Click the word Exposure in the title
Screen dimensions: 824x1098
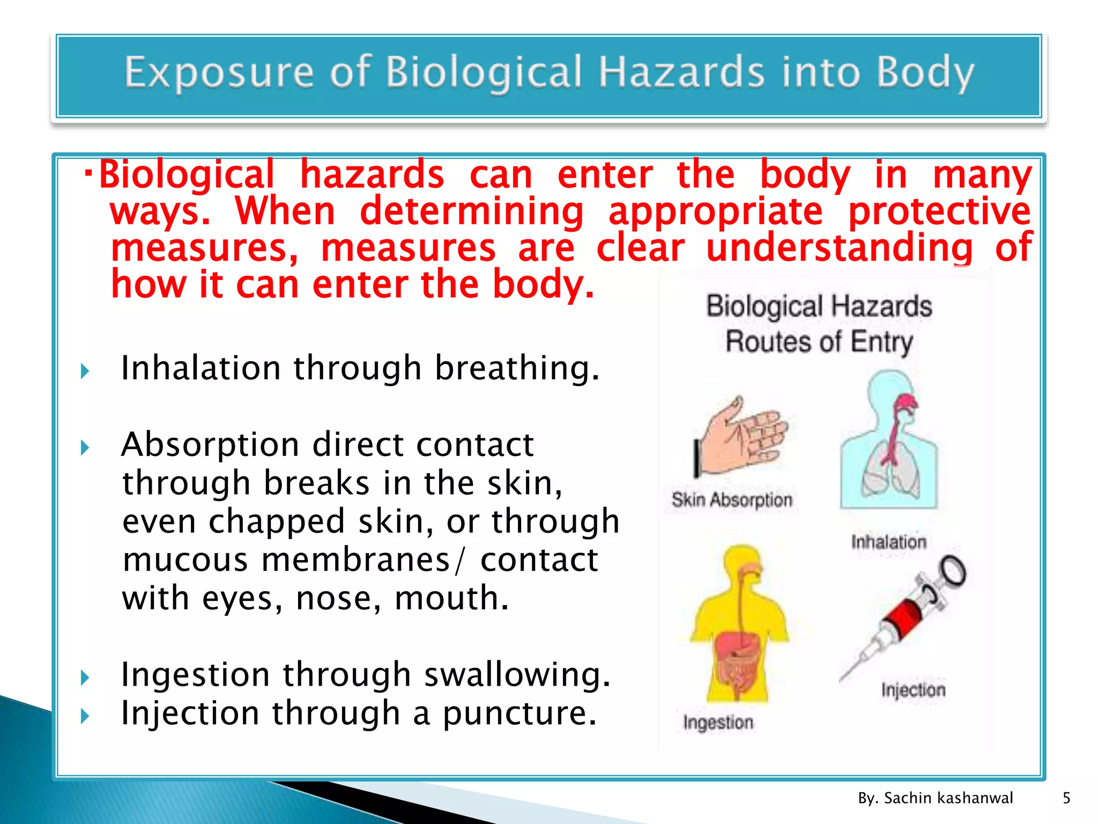tap(219, 72)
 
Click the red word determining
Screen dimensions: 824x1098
tap(472, 211)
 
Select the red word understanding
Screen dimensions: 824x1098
tap(839, 248)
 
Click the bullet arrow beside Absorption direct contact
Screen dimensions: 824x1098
tap(85, 447)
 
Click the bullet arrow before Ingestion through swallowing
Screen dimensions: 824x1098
tap(85, 678)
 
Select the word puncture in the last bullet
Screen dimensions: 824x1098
tap(519, 714)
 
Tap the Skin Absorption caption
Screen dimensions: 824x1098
tap(732, 500)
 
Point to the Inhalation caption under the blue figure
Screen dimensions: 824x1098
tap(888, 542)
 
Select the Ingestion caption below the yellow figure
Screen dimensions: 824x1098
tap(718, 723)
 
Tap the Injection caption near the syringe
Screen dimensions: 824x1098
tap(913, 690)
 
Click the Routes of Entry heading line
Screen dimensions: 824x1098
tap(819, 342)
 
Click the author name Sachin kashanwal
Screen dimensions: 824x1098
tap(948, 798)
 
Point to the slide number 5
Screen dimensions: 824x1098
tap(1066, 798)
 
